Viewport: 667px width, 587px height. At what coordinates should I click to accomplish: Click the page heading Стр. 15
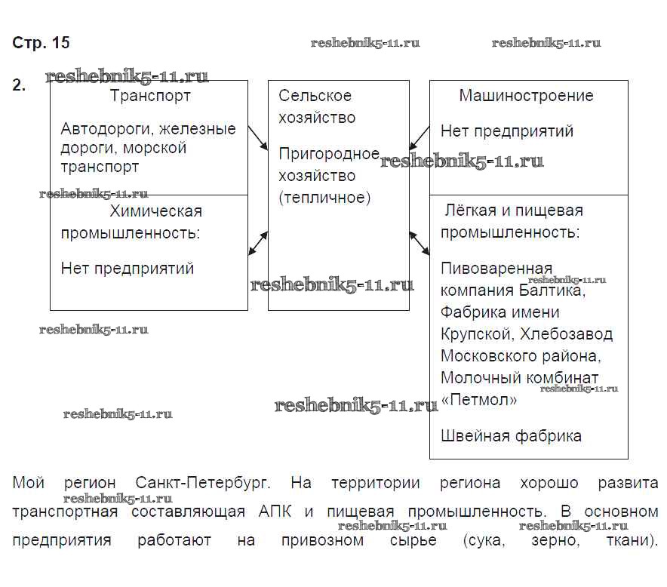[41, 43]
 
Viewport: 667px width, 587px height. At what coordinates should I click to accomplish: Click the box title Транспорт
[150, 96]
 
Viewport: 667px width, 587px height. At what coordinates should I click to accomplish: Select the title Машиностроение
[526, 96]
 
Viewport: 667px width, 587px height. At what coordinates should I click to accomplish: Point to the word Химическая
[155, 211]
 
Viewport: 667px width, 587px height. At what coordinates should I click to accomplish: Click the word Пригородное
[329, 155]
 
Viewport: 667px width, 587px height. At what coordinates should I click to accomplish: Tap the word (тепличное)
[324, 198]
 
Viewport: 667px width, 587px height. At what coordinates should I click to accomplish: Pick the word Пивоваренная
[496, 269]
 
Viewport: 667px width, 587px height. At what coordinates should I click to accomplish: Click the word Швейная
[474, 435]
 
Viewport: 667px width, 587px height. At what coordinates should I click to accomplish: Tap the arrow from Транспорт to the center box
[257, 137]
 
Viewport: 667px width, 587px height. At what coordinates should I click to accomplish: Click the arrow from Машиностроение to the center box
[420, 137]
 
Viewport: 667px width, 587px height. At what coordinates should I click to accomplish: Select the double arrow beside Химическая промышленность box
[258, 243]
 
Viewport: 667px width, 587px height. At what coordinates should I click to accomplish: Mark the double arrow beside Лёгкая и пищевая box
[420, 243]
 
